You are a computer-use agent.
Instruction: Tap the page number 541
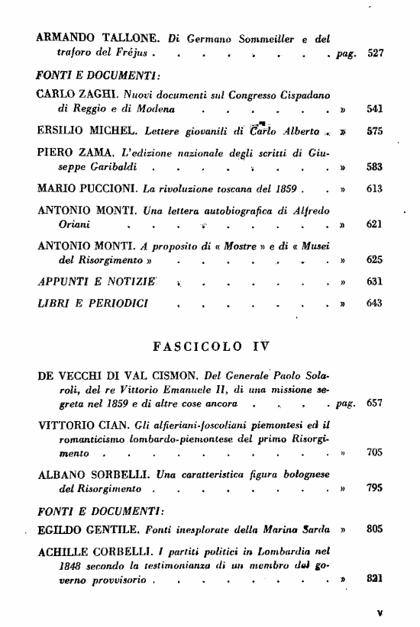[374, 108]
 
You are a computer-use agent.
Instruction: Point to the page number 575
[374, 130]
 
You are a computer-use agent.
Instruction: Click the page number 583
[374, 166]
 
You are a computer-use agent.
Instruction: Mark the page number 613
[374, 188]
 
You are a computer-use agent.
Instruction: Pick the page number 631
[374, 281]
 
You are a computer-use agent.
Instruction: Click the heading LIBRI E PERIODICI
[86, 303]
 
